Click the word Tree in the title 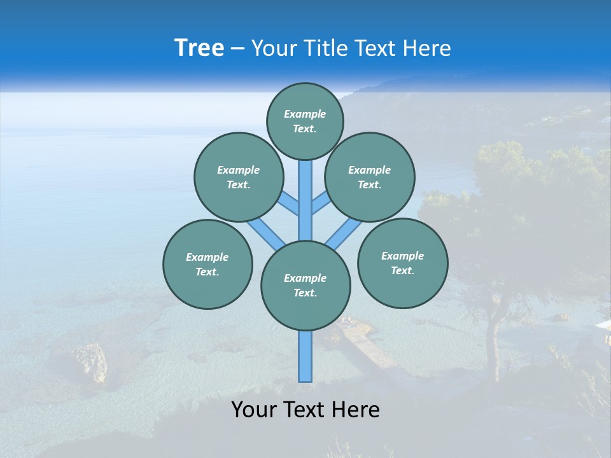(199, 48)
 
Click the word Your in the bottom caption (253, 410)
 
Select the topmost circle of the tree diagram (305, 121)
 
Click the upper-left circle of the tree (239, 177)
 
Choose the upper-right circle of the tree (370, 177)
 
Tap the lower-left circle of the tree (207, 264)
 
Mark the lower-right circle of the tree (402, 263)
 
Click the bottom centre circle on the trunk (305, 286)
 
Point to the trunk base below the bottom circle (305, 356)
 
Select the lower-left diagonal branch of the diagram (264, 232)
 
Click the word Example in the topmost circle (305, 114)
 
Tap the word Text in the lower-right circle (402, 270)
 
